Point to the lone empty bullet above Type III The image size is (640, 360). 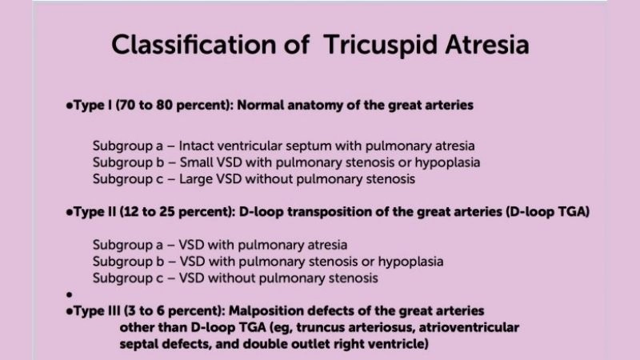tap(70, 294)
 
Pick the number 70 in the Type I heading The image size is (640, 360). tap(122, 106)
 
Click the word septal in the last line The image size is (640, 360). tap(138, 346)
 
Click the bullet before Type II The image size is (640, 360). tap(70, 214)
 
